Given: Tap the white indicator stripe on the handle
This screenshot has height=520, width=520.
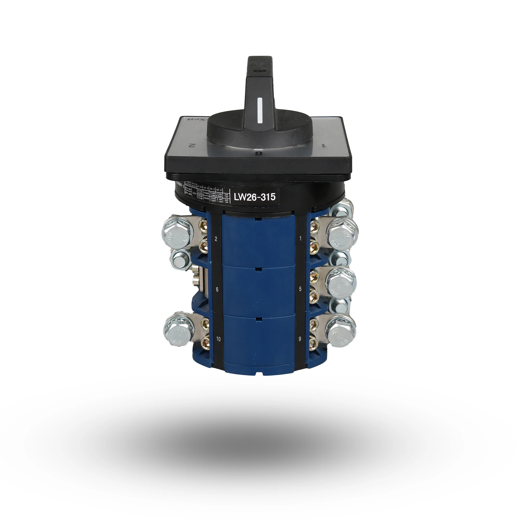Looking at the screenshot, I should [x=260, y=111].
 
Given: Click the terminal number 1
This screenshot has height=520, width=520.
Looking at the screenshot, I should [x=300, y=238].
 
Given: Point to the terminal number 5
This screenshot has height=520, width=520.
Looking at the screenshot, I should [x=300, y=289].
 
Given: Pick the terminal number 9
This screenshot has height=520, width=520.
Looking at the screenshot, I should [x=300, y=339].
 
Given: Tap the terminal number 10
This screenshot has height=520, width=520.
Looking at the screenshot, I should [x=218, y=339].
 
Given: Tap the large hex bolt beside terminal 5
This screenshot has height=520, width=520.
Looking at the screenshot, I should [x=341, y=282].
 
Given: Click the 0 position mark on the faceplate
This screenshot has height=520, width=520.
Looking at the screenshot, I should [x=259, y=153].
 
